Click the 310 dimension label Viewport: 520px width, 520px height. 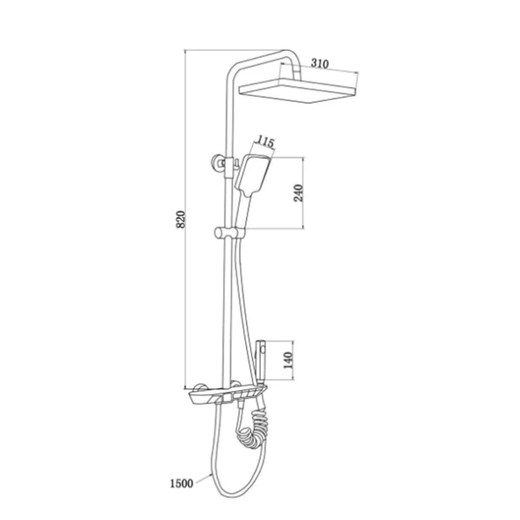click(320, 63)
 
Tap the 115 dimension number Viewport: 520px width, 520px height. click(265, 142)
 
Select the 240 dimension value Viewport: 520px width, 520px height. click(299, 193)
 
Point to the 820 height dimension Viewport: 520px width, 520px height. click(180, 219)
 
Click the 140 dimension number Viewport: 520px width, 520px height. click(288, 360)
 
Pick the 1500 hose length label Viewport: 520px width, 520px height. click(182, 483)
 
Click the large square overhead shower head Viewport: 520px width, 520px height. click(298, 90)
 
